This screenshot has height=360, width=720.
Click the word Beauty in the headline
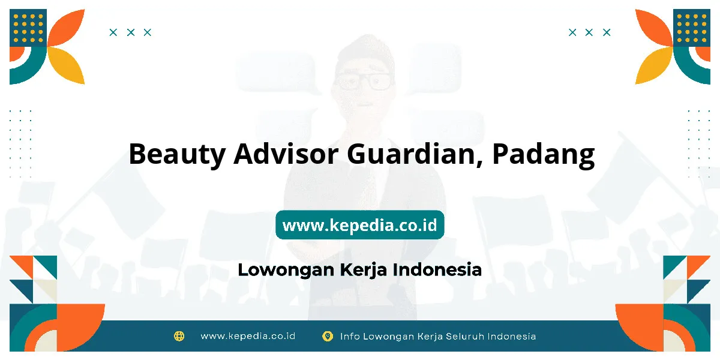(177, 154)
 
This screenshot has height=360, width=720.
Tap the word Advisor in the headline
(286, 154)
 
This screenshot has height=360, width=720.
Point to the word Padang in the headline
(544, 155)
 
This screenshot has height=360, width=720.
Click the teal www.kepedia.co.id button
(359, 224)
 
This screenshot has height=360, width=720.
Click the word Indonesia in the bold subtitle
(437, 269)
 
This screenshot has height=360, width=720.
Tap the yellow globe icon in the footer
(179, 336)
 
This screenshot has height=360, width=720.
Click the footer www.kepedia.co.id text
(248, 336)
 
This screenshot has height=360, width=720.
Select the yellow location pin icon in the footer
(328, 336)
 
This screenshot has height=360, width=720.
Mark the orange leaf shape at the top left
(66, 28)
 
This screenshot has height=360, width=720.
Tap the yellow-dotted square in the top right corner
(692, 28)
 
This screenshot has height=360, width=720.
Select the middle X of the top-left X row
(131, 32)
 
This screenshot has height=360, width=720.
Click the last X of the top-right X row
(607, 32)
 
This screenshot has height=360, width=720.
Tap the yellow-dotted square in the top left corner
(28, 28)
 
